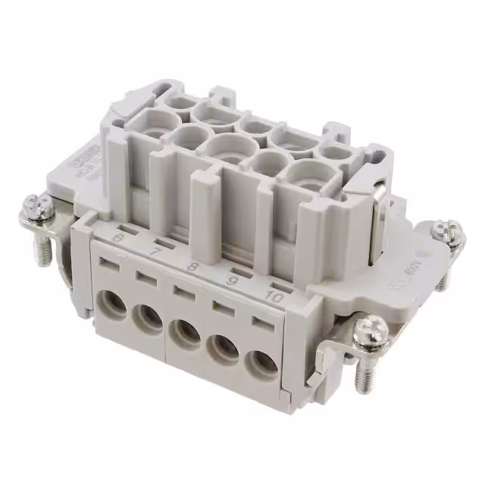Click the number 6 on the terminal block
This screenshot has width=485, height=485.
(x=117, y=239)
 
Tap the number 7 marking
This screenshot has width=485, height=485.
(x=155, y=251)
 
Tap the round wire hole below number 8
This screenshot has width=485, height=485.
(x=184, y=334)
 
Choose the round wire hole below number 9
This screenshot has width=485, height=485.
(x=223, y=349)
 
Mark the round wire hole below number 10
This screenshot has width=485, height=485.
(x=261, y=366)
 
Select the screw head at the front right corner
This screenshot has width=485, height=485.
(x=373, y=330)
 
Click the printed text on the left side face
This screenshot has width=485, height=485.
(x=80, y=171)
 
